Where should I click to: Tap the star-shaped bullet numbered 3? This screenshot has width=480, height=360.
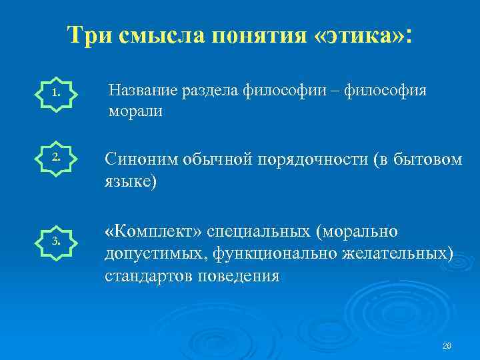pyautogui.click(x=55, y=241)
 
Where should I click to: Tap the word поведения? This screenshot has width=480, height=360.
pyautogui.click(x=237, y=275)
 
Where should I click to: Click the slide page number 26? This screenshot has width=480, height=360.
pyautogui.click(x=447, y=345)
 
